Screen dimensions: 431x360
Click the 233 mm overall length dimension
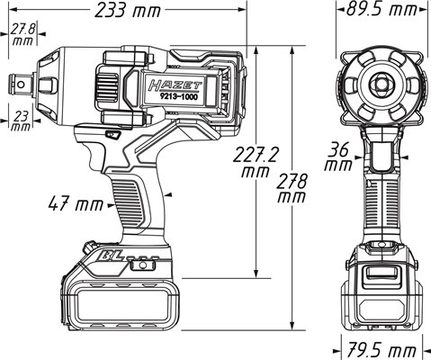[128, 11]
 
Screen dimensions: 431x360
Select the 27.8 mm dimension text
[23, 35]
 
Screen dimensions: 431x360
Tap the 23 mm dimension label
[21, 121]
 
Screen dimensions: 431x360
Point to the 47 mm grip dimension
[76, 204]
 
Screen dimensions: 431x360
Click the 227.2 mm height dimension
[256, 162]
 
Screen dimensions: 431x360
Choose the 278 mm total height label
[292, 189]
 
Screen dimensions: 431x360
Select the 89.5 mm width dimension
[382, 9]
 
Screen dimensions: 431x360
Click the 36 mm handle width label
[338, 157]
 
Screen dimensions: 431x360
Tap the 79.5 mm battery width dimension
[382, 351]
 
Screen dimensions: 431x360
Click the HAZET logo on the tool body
[175, 85]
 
